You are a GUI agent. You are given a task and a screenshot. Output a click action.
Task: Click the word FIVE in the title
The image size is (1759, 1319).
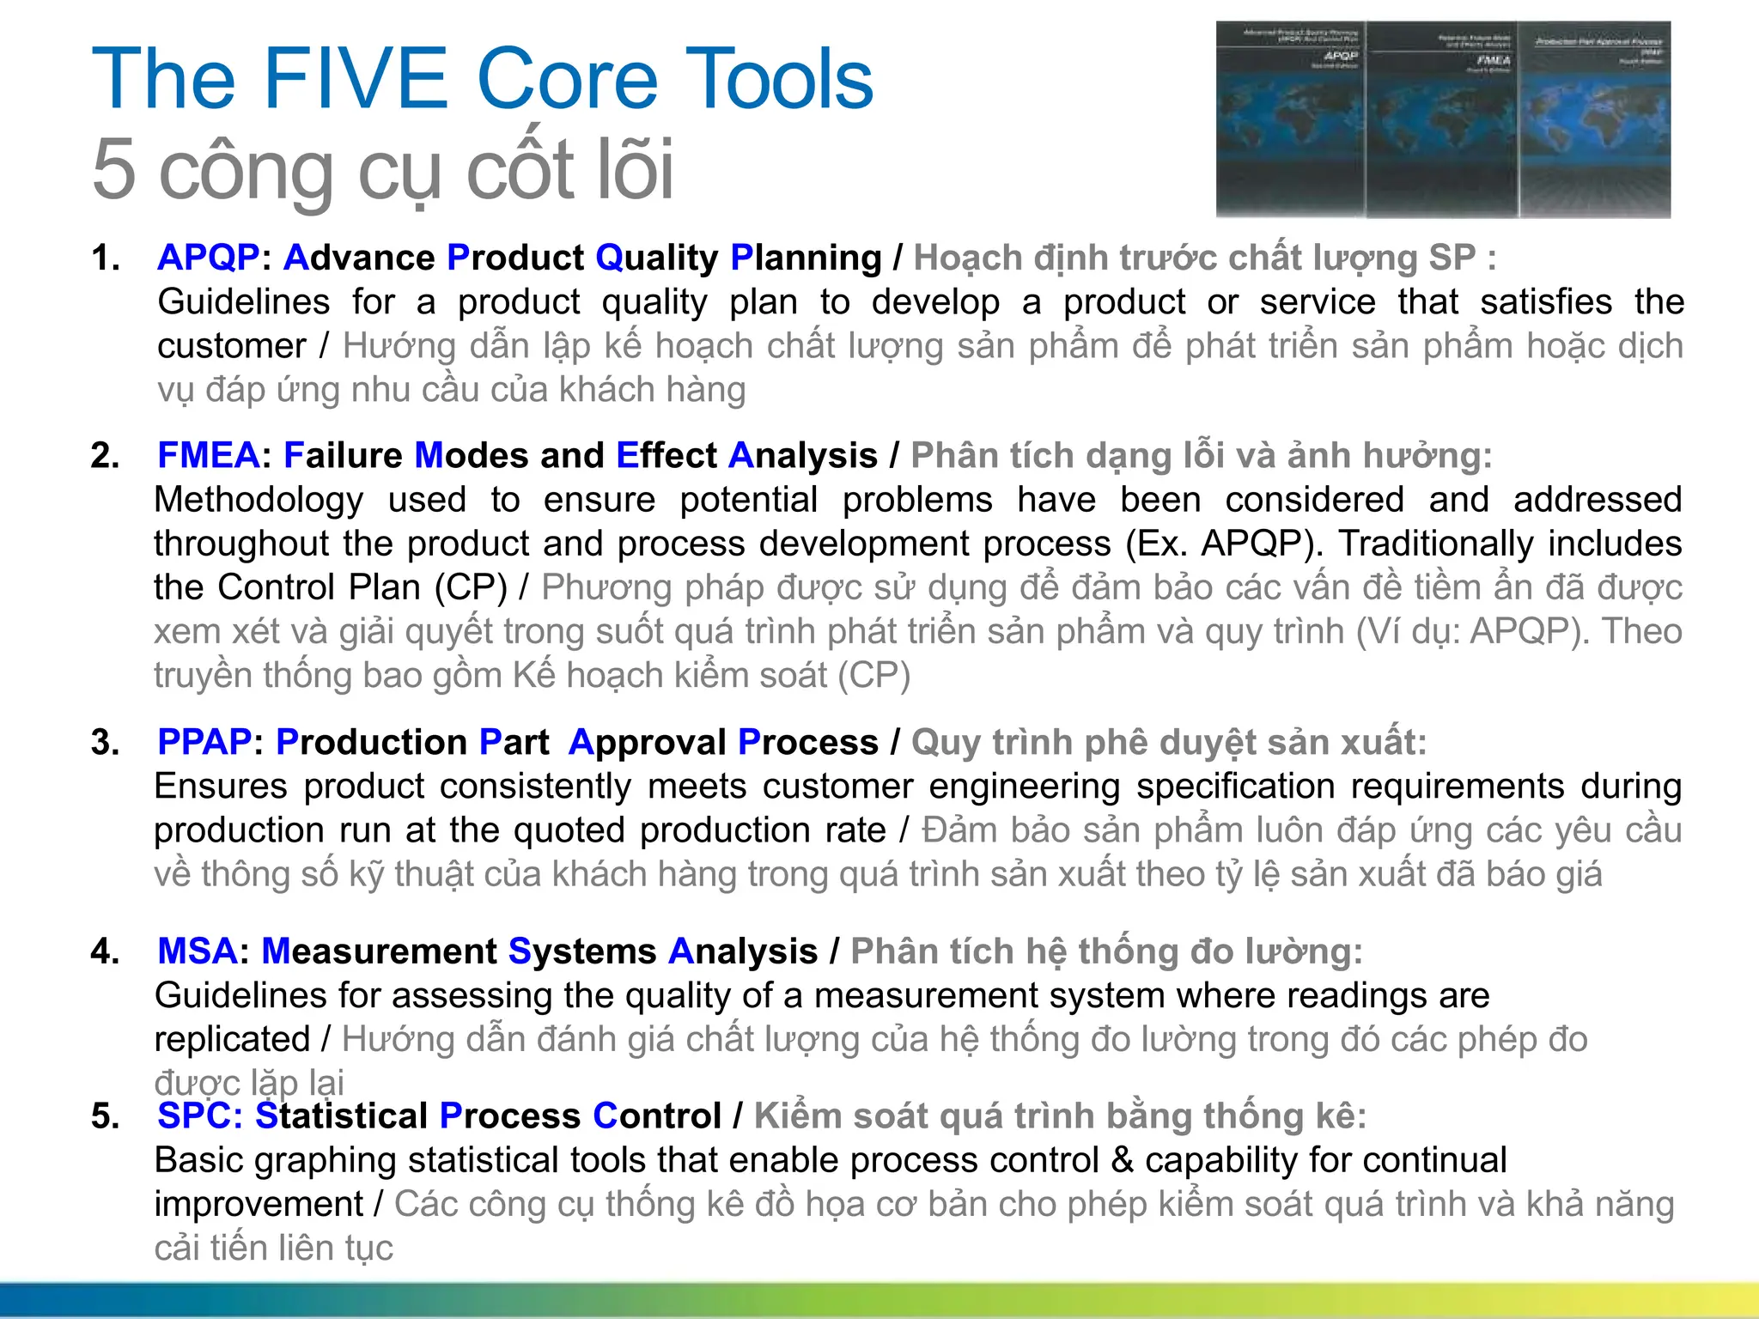356,80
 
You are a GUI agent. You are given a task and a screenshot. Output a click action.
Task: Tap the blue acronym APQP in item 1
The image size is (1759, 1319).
208,258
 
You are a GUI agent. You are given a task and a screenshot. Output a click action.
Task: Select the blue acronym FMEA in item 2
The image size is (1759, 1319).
208,455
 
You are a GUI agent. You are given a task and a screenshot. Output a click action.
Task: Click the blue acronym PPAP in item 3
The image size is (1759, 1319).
204,742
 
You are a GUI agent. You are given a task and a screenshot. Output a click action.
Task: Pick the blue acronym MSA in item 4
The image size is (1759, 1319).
197,951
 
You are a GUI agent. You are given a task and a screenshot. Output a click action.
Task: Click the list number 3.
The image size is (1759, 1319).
105,743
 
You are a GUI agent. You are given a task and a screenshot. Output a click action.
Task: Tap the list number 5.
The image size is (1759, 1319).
105,1116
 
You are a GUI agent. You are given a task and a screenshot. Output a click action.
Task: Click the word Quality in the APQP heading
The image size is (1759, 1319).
656,258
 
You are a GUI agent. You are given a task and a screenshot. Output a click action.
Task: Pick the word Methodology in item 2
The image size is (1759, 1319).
258,500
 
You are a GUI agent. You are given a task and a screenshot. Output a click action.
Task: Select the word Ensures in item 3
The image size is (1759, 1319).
221,787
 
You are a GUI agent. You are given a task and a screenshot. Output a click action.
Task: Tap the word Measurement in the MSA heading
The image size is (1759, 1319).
378,951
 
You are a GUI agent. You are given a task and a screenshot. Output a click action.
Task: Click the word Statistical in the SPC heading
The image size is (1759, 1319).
341,1115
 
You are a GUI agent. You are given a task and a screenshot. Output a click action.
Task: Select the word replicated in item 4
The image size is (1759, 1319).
232,1040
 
